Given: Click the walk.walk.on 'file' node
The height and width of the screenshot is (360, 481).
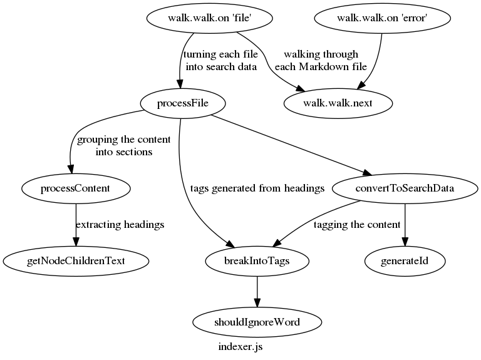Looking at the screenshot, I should [210, 18].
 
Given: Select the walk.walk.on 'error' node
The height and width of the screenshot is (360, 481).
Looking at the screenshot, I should [381, 18].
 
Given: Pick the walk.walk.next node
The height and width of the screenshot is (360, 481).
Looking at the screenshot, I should [338, 103].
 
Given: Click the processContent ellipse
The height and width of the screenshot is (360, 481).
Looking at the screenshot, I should [76, 187].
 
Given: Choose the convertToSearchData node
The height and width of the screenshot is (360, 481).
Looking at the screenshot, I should [405, 187].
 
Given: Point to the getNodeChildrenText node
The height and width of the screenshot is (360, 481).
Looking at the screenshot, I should [76, 260].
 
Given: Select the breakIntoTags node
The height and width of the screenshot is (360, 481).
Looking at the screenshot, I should [257, 260].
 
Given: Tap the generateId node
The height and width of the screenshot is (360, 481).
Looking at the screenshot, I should [405, 260].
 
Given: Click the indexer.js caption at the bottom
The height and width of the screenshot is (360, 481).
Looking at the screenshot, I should [240, 346].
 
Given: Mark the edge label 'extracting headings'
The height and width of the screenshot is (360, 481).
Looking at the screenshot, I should [120, 225].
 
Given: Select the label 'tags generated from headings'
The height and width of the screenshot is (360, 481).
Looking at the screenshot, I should [257, 187].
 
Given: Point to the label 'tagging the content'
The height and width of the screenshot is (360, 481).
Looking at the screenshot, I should [356, 225].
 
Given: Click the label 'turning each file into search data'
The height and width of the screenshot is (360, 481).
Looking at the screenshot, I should [220, 61].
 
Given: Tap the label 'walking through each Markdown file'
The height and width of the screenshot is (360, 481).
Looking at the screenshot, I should [321, 61].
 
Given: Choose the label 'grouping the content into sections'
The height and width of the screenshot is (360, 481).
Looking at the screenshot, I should [115, 145].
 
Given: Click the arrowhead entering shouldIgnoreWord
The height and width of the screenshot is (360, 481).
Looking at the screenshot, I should [257, 302].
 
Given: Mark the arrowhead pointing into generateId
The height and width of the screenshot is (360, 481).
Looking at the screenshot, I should [405, 242].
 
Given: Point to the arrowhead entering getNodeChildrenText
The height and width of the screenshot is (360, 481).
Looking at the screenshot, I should [76, 242].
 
